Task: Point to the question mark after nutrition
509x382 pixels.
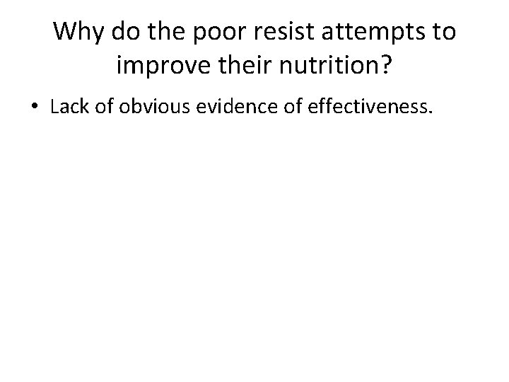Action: [x=389, y=67]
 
